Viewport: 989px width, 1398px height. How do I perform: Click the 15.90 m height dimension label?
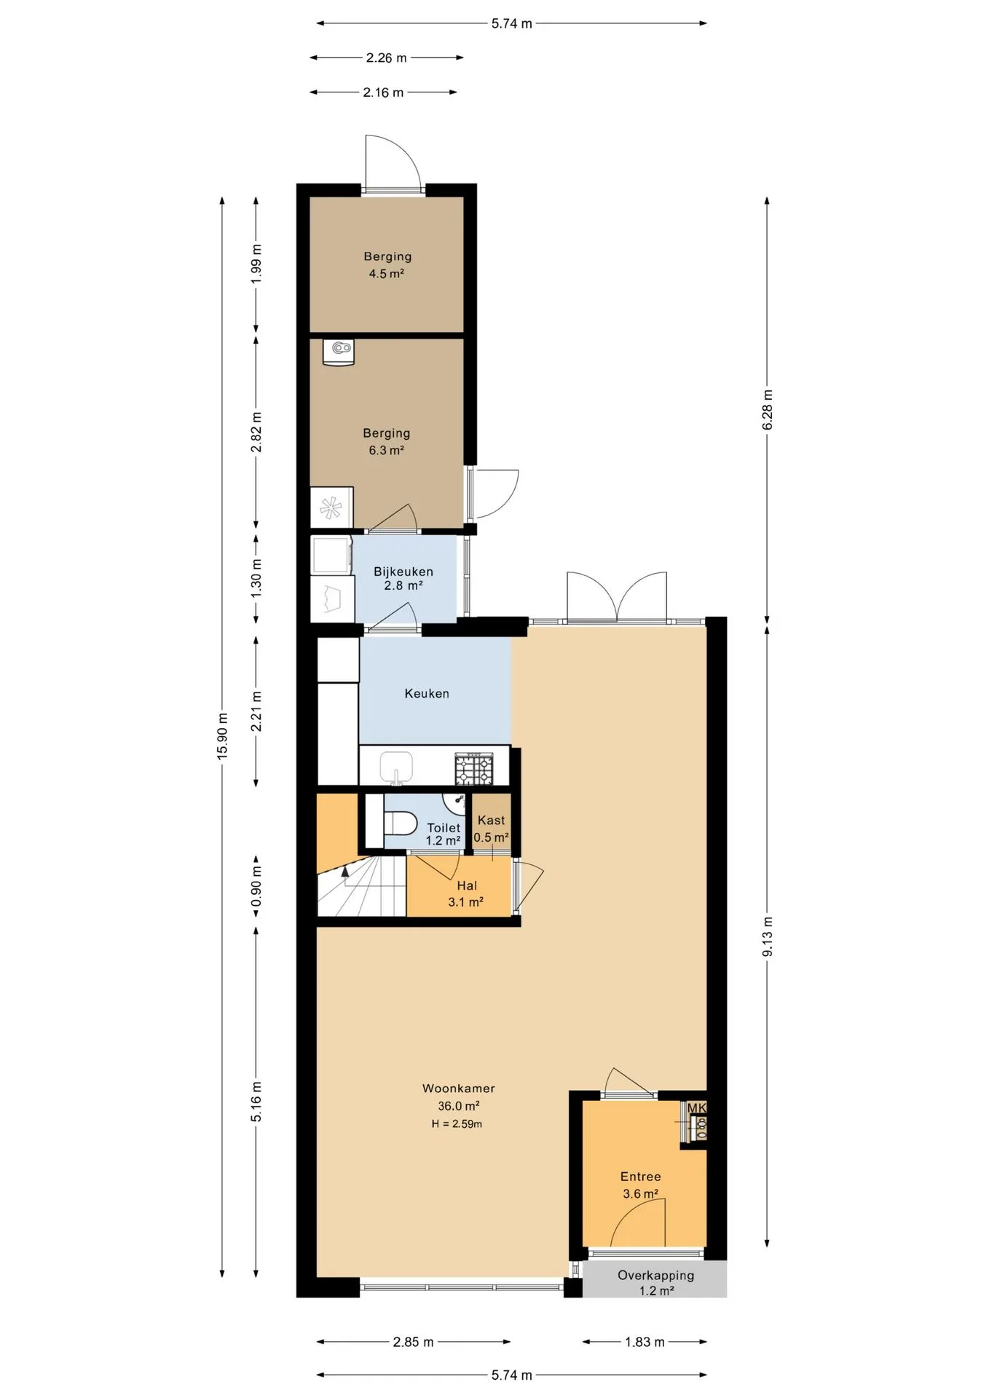tap(222, 736)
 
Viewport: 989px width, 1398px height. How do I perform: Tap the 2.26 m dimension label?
tap(386, 58)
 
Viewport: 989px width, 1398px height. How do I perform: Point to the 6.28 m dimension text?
tap(768, 409)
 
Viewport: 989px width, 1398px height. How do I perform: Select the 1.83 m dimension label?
tap(645, 1341)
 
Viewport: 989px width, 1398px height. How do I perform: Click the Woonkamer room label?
tap(459, 1088)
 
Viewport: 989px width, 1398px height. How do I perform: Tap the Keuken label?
tap(427, 693)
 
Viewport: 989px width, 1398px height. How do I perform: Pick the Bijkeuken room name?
tap(403, 572)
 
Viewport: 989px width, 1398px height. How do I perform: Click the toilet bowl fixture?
tap(401, 824)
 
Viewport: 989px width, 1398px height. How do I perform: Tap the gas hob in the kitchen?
tap(474, 768)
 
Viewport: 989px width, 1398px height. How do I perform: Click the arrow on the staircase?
tap(345, 874)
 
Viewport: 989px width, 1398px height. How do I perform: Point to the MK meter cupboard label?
tap(697, 1107)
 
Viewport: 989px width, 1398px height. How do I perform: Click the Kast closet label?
tap(492, 820)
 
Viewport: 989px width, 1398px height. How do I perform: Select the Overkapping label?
tap(656, 1274)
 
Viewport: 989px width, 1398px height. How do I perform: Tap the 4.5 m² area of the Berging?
tap(387, 274)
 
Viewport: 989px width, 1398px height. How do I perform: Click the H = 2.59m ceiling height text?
tap(457, 1123)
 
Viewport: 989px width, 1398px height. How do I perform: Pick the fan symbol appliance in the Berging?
tap(331, 507)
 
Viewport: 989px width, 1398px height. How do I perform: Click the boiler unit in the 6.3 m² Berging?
tap(339, 352)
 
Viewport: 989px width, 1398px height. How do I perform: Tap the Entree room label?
tap(641, 1176)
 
